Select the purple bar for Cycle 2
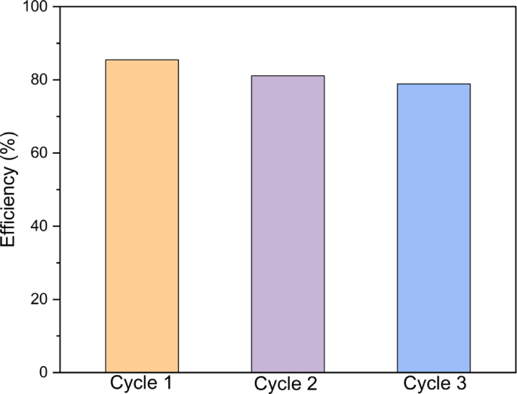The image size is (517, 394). [x=288, y=224]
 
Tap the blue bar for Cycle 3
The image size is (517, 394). [x=433, y=228]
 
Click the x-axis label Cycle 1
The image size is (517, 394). [x=142, y=383]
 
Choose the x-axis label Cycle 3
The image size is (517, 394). [x=433, y=383]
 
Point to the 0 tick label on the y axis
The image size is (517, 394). [x=45, y=372]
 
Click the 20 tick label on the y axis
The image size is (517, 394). [x=41, y=299]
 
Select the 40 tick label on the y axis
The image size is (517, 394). [x=41, y=226]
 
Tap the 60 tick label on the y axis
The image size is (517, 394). [x=41, y=153]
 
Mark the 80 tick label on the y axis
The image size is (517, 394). [x=41, y=80]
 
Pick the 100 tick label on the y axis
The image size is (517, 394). [x=37, y=8]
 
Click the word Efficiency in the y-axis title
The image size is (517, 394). [x=9, y=206]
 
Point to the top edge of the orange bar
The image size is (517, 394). [x=142, y=60]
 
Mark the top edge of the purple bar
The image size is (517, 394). [x=288, y=76]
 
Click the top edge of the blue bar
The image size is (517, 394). [x=433, y=84]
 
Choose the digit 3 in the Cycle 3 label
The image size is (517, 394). [x=460, y=383]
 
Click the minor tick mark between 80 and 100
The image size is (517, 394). [x=61, y=44]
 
